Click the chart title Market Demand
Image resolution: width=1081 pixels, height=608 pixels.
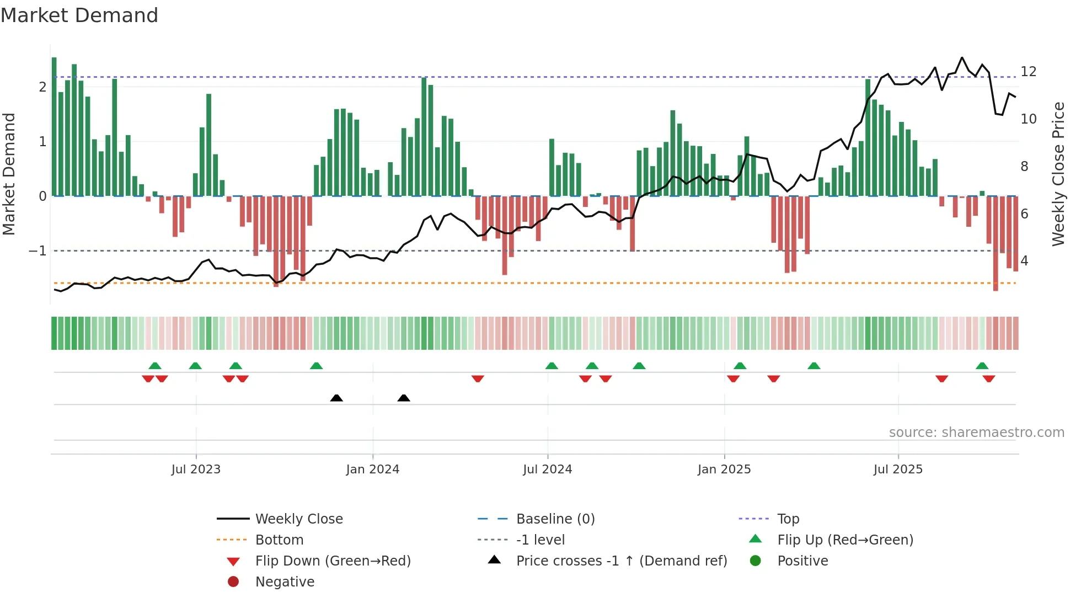pos(79,15)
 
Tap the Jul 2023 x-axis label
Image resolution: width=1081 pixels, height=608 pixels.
pos(196,470)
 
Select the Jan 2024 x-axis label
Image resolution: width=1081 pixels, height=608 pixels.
pos(373,470)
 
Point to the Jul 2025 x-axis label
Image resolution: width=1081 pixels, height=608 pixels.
pos(898,470)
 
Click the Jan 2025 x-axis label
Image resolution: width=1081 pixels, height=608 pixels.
pos(724,470)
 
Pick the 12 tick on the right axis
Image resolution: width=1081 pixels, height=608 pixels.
pos(1029,72)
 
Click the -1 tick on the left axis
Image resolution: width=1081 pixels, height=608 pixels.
pos(38,251)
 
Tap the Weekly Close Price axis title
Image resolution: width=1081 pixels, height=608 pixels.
pos(1058,174)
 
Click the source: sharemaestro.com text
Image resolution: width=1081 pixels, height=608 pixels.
pos(976,433)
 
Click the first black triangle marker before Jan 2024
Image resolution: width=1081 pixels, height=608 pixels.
pos(336,398)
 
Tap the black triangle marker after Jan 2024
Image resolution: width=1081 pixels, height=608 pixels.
pos(404,398)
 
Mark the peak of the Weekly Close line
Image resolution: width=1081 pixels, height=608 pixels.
pos(962,57)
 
